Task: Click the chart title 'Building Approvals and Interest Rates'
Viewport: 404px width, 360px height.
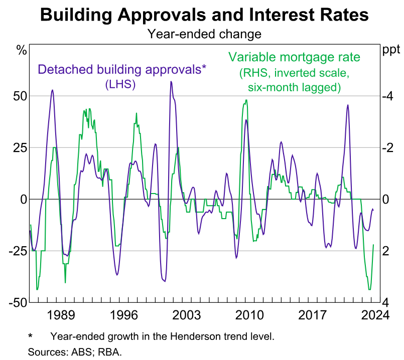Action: coord(204,15)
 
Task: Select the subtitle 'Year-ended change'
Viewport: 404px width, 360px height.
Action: coord(204,34)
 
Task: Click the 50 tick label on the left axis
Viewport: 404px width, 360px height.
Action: coord(18,96)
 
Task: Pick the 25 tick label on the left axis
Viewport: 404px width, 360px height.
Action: coord(18,147)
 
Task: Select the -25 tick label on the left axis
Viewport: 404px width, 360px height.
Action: coord(16,251)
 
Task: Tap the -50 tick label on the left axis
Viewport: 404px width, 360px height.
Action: coord(16,302)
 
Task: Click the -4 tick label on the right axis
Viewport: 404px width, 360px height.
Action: coord(388,96)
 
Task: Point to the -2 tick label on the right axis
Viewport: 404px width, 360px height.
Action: coord(388,147)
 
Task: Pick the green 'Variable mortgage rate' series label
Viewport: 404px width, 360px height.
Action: coord(295,57)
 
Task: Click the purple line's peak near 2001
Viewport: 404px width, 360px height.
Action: coord(171,81)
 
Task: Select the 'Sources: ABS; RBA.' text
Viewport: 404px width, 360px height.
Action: coord(75,351)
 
